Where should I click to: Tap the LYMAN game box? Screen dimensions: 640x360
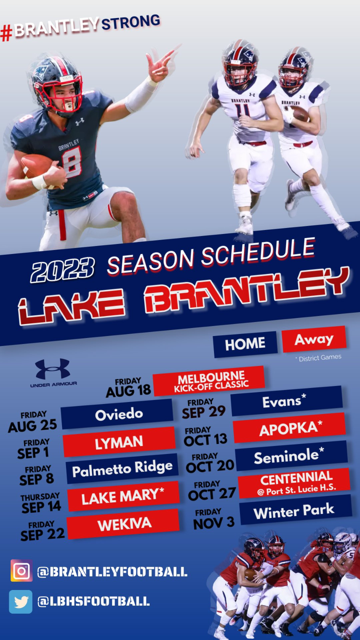click(x=119, y=442)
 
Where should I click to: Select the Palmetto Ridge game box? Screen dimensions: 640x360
click(x=122, y=468)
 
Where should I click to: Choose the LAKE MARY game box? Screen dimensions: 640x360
click(x=123, y=496)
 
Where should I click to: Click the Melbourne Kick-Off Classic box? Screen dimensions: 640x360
click(x=209, y=381)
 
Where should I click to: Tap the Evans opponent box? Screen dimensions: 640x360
click(x=286, y=401)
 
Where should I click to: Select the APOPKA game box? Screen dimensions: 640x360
click(x=289, y=428)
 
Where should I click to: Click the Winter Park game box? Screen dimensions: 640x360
click(x=295, y=510)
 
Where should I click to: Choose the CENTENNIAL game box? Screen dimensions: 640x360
click(x=294, y=483)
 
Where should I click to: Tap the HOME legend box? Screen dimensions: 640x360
click(x=245, y=344)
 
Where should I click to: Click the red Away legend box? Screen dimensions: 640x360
click(x=314, y=339)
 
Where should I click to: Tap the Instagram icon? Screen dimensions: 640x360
click(x=21, y=571)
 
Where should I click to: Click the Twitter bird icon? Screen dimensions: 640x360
click(x=21, y=602)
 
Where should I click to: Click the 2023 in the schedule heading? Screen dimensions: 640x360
click(x=62, y=270)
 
